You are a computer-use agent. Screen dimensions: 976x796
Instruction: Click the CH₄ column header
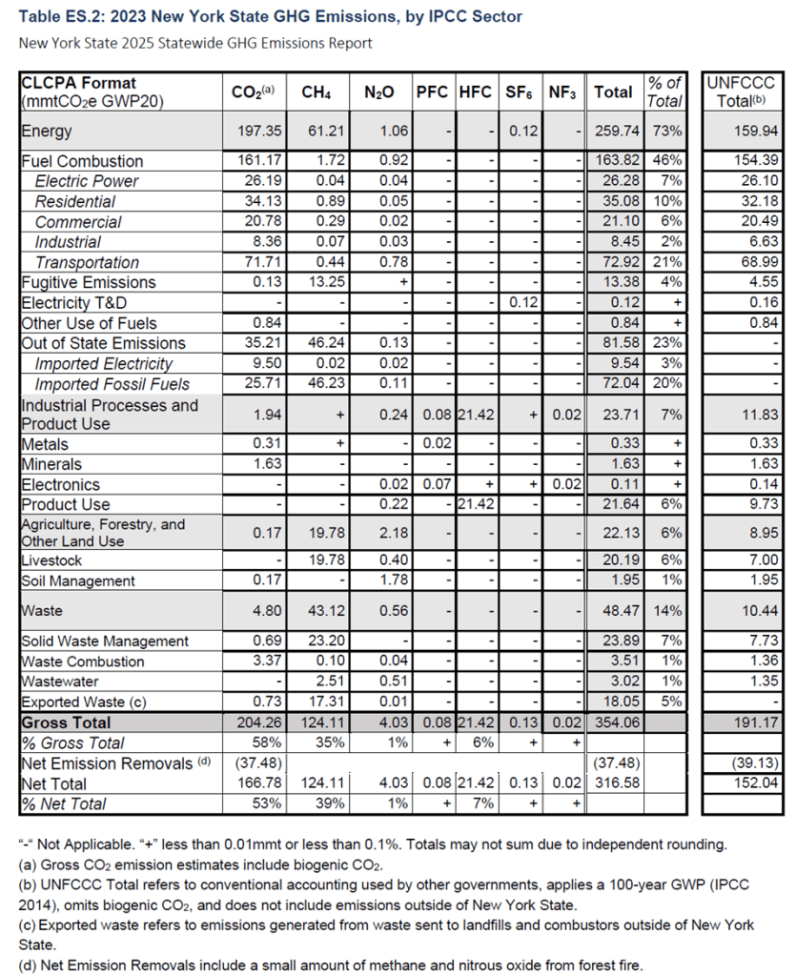(316, 92)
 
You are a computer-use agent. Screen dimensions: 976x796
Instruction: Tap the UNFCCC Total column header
(742, 91)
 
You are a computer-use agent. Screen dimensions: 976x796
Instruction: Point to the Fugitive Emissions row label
(88, 282)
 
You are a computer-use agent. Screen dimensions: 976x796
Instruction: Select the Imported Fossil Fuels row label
(112, 384)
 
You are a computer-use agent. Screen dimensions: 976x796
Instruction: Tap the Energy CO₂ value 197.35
(255, 132)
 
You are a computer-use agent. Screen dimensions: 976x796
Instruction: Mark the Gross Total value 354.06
(613, 722)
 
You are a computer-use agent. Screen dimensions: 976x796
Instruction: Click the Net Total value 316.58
(613, 783)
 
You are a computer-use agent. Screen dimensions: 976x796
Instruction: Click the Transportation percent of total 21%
(665, 262)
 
